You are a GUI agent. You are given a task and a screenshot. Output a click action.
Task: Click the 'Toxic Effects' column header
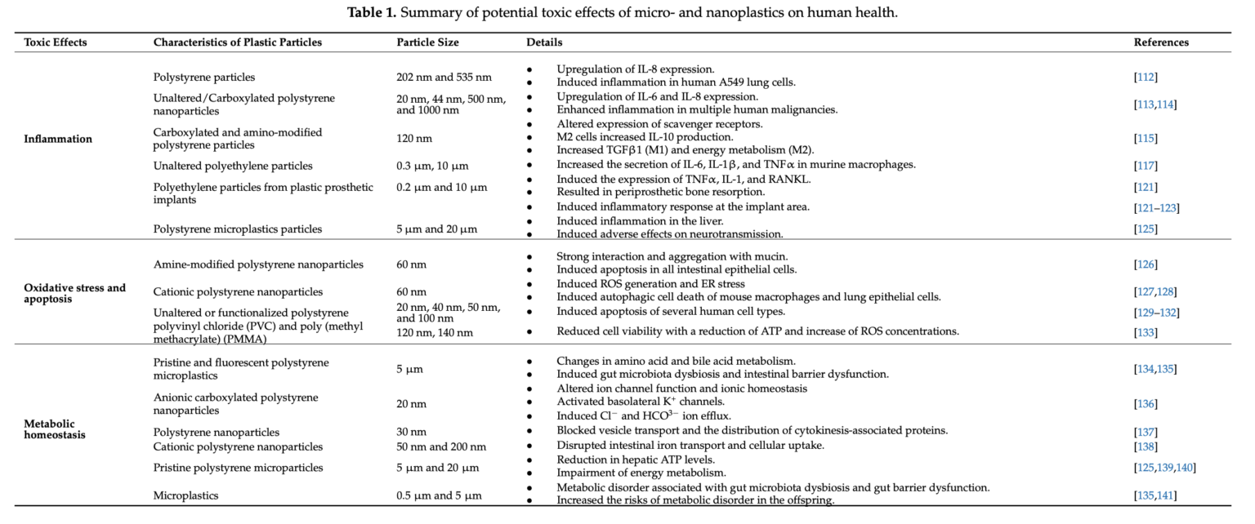[x=56, y=42]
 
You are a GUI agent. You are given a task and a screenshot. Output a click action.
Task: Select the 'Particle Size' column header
[x=427, y=42]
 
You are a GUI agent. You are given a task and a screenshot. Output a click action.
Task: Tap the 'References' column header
[x=1161, y=42]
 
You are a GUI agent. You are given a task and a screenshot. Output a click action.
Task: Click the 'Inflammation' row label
[x=58, y=139]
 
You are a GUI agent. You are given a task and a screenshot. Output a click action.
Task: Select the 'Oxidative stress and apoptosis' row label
[x=75, y=293]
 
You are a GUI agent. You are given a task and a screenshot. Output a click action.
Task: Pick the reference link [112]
[x=1146, y=78]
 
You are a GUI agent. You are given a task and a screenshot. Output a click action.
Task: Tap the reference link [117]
[x=1146, y=166]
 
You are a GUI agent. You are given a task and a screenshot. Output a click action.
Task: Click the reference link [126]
[x=1146, y=264]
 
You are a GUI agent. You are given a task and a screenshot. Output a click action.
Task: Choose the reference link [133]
[x=1146, y=332]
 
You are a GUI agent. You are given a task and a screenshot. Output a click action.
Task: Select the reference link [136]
[x=1146, y=404]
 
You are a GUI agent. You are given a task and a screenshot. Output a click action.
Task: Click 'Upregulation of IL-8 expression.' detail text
[x=636, y=69]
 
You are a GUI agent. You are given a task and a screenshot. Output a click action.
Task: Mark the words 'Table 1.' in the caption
[x=373, y=12]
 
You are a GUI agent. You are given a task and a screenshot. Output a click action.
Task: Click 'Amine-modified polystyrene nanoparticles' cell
[x=258, y=264]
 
